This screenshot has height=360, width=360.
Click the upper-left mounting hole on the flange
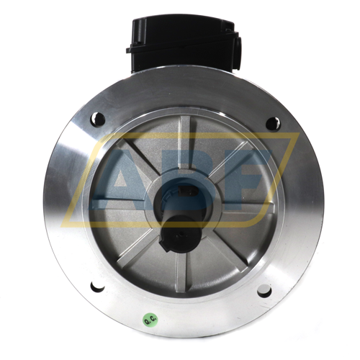(x=98, y=119)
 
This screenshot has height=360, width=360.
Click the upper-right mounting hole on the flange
(x=273, y=124)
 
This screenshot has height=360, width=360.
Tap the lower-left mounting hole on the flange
(x=97, y=286)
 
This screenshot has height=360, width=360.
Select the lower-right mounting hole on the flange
(x=264, y=290)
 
